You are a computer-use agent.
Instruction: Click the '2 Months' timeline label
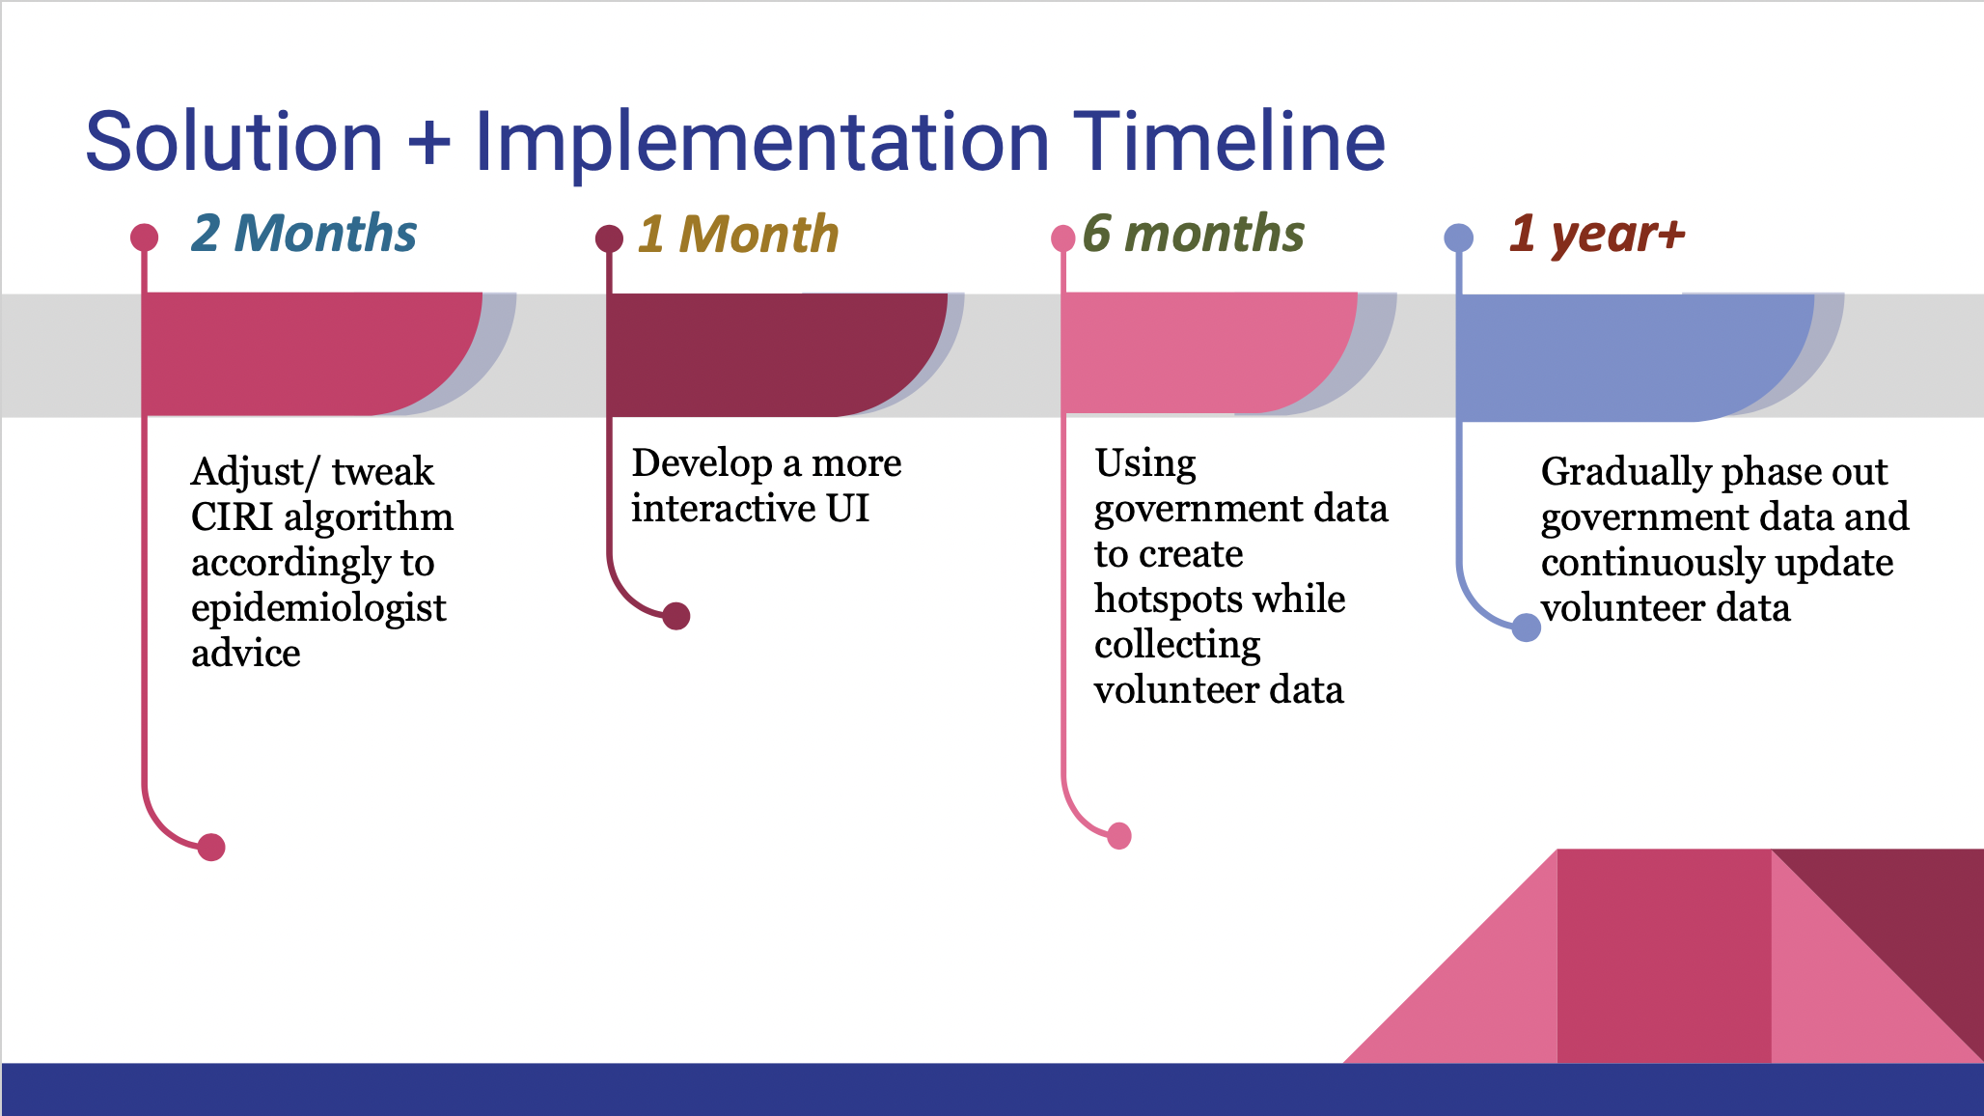pyautogui.click(x=304, y=234)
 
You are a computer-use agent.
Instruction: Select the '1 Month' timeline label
pyautogui.click(x=738, y=235)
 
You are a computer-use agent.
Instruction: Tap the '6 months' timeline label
pyautogui.click(x=1193, y=234)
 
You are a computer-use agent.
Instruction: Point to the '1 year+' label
pyautogui.click(x=1597, y=234)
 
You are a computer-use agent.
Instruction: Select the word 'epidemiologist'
pyautogui.click(x=318, y=609)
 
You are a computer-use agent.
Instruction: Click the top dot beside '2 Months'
pyautogui.click(x=144, y=237)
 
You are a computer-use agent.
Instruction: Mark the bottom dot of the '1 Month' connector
pyautogui.click(x=676, y=616)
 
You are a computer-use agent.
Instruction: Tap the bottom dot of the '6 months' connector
pyautogui.click(x=1119, y=836)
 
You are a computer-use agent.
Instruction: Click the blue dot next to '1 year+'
pyautogui.click(x=1458, y=237)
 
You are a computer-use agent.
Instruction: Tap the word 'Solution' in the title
pyautogui.click(x=234, y=142)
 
